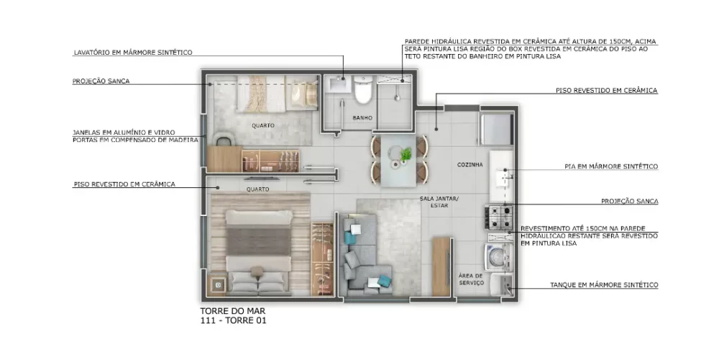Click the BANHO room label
[362, 118]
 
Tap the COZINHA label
[470, 164]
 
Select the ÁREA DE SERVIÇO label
[472, 279]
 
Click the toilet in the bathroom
[364, 89]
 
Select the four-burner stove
[499, 217]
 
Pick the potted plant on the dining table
[406, 155]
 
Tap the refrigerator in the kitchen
[497, 129]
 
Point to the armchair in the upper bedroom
[224, 139]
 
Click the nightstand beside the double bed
[219, 285]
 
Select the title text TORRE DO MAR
[233, 311]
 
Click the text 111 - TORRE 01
[234, 320]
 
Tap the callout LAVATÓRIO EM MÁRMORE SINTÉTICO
[133, 53]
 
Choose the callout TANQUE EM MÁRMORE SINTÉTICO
[604, 285]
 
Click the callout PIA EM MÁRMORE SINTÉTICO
[611, 166]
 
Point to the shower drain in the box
[398, 98]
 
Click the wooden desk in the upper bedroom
[224, 159]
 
